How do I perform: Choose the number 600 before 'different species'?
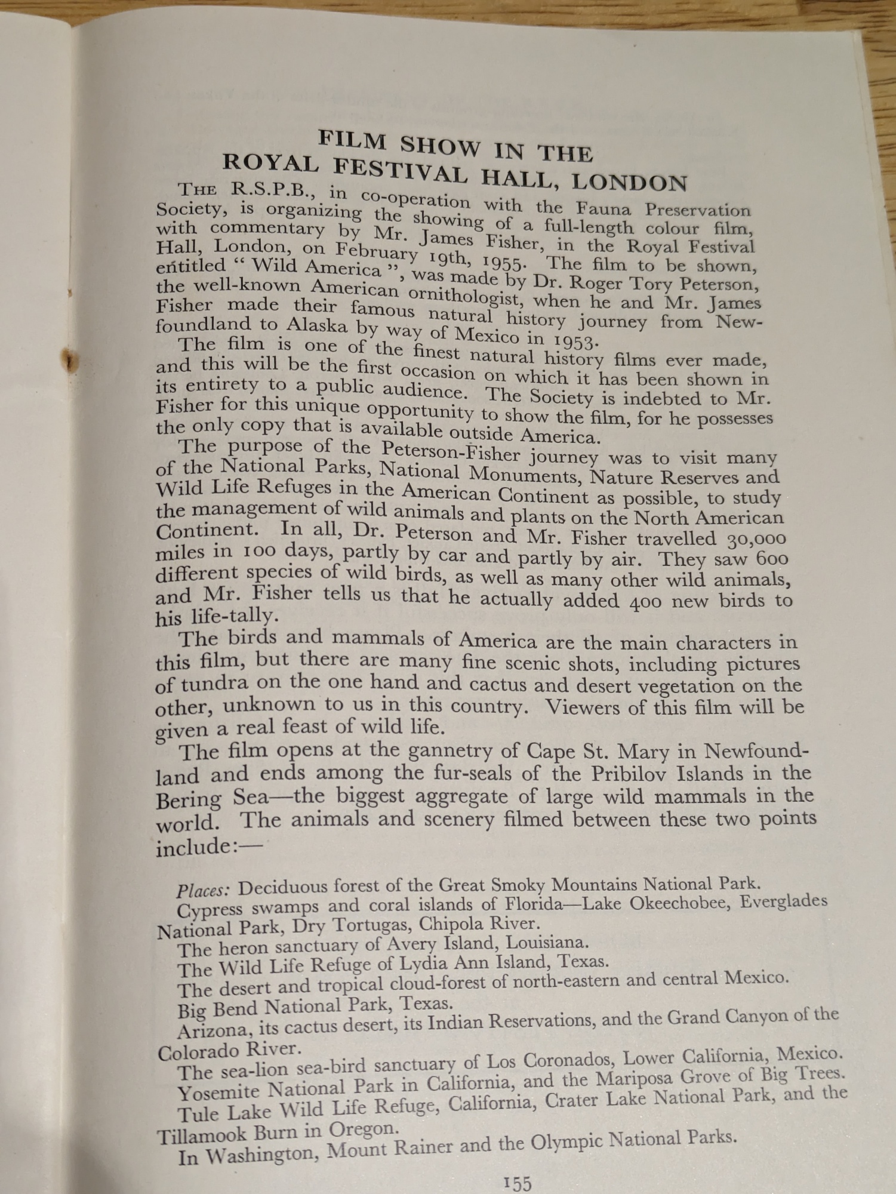tap(772, 559)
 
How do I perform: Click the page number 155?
tap(517, 1182)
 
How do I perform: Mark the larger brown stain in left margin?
tap(71, 361)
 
